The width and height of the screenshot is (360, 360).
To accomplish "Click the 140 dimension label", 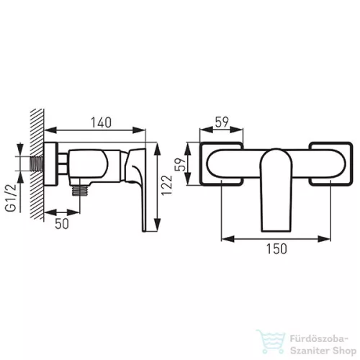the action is (101, 122).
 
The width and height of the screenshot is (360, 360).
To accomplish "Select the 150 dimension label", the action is (276, 248).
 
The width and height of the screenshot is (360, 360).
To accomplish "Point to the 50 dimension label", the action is (62, 224).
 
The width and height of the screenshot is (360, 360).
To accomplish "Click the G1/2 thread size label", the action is (11, 198).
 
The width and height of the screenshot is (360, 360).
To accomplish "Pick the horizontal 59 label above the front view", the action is (222, 122).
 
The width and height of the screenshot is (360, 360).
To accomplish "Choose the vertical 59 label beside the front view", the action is (181, 164).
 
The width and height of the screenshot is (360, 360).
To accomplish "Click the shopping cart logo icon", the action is (271, 341).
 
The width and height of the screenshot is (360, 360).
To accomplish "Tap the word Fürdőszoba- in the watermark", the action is (319, 339).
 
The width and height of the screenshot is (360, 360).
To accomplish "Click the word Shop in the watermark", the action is (345, 351).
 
